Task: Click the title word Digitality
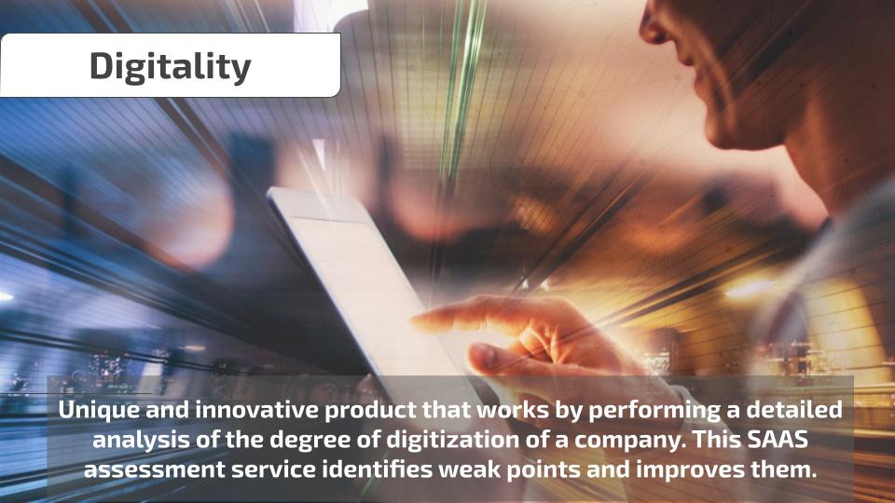(170, 67)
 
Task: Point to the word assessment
(154, 470)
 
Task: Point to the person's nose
(655, 26)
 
